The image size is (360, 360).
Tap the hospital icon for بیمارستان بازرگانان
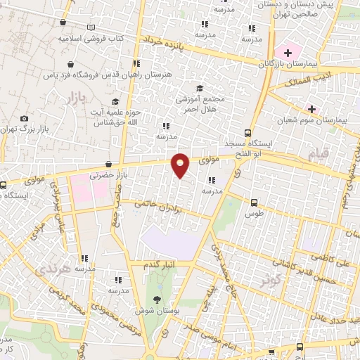(x=288, y=53)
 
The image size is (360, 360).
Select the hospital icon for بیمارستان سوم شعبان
(x=311, y=109)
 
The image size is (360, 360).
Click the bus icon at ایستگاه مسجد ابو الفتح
(x=247, y=132)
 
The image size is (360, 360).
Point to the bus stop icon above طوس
(x=254, y=202)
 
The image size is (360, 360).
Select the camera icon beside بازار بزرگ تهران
(x=25, y=119)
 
